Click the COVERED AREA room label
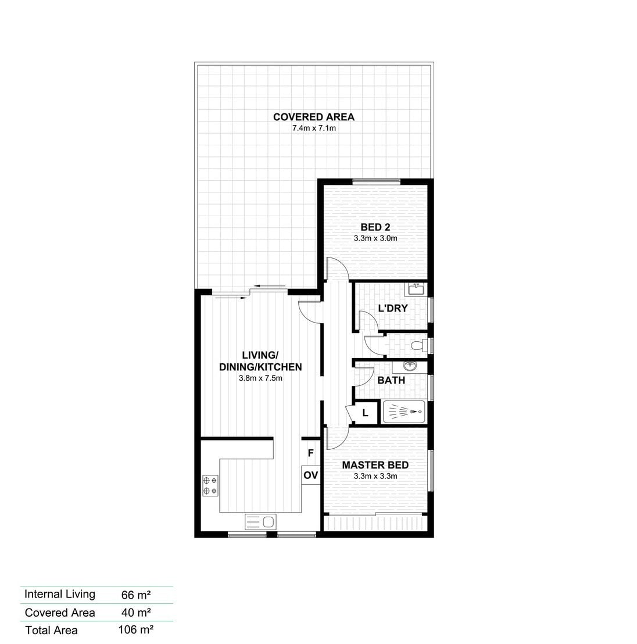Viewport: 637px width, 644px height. (x=314, y=117)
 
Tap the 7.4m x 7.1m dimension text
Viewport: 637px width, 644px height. (x=314, y=128)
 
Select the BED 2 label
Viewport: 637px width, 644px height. (x=375, y=227)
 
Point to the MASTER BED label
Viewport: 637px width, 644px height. (x=375, y=465)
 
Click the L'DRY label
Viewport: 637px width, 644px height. (x=393, y=308)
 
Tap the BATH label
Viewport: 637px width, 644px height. (x=391, y=380)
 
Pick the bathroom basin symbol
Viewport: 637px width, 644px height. (x=410, y=366)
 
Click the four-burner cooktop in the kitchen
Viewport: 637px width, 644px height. (x=210, y=485)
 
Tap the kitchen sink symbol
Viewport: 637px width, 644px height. (x=260, y=522)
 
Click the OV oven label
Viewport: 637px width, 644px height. (x=310, y=475)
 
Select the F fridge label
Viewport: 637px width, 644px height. (x=310, y=453)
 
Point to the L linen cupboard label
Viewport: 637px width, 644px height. (x=365, y=413)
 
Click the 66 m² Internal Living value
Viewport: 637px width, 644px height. (x=136, y=595)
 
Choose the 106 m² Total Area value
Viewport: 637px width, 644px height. (x=136, y=629)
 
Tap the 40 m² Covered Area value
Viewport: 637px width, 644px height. (x=136, y=613)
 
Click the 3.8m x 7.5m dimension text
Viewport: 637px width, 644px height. (x=260, y=378)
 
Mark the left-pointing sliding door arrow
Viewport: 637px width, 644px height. (x=270, y=287)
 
